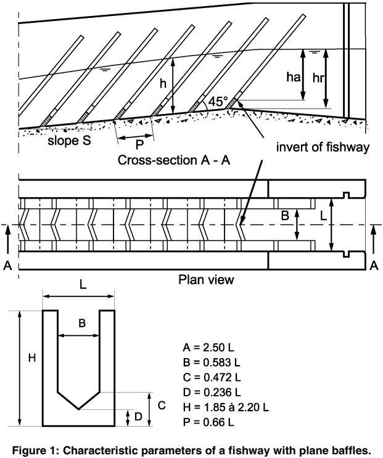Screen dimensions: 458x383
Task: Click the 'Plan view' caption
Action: pyautogui.click(x=206, y=280)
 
